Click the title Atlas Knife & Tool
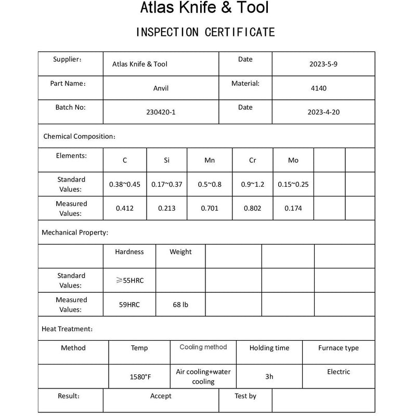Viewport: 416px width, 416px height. pos(204,8)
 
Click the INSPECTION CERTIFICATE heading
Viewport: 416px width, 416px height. pos(205,32)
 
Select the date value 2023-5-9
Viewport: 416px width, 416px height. pos(323,64)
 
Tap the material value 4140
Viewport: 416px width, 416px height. pos(319,88)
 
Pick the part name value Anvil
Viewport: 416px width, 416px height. pos(161,88)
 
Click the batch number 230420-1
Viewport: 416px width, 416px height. pos(161,112)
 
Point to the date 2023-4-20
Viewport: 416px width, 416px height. pos(323,112)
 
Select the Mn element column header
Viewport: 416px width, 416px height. pos(210,160)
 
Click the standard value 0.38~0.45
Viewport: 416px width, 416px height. pos(125,184)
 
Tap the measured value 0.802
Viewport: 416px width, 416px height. pos(252,209)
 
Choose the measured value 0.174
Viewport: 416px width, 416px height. pos(293,209)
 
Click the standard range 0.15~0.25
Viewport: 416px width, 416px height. pos(293,184)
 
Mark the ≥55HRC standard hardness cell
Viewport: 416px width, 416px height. pos(129,281)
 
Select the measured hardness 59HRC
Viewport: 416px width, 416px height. pos(129,305)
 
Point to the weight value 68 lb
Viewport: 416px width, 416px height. pos(180,305)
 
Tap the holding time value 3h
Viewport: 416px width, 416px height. pos(269,376)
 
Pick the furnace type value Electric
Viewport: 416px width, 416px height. pos(339,372)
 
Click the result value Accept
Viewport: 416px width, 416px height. pos(161,396)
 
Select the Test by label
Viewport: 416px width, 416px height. pos(245,396)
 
